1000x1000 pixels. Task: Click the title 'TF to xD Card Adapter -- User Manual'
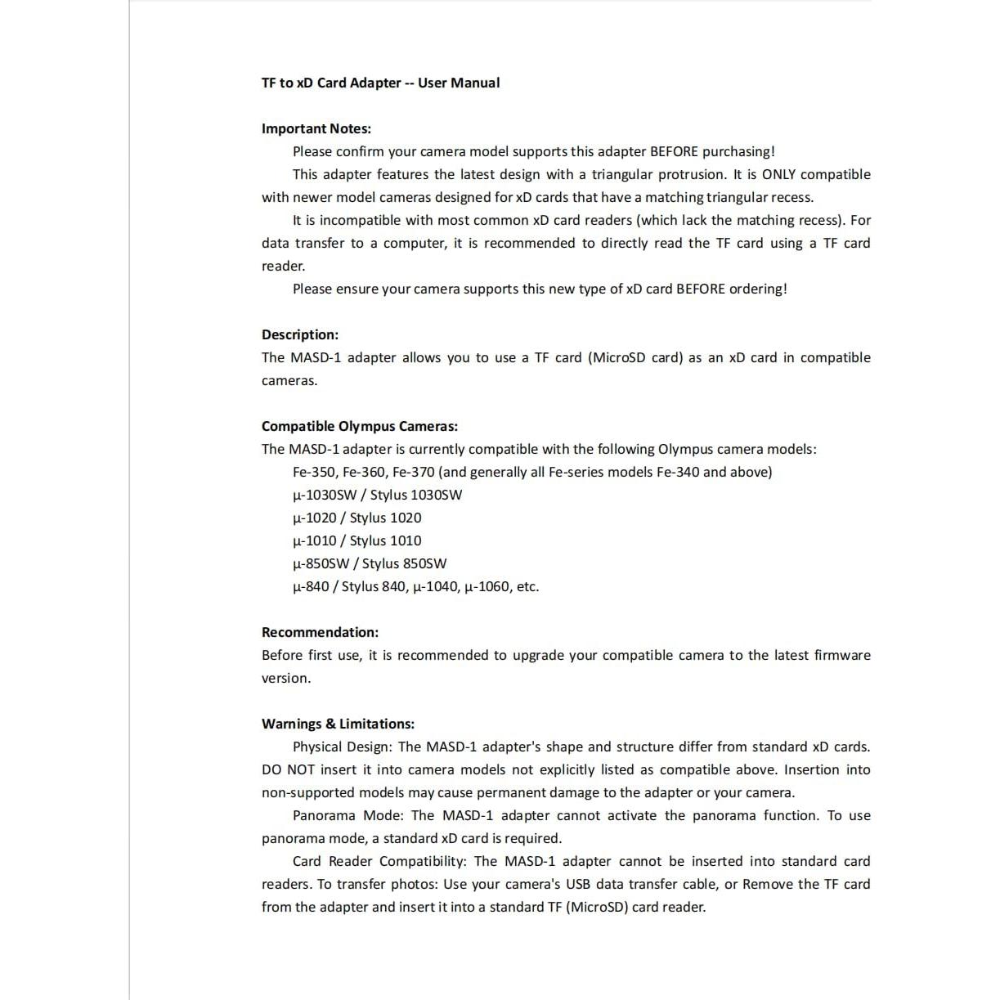click(x=380, y=83)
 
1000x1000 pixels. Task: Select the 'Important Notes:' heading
click(x=316, y=128)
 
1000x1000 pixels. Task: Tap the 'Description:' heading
click(x=300, y=334)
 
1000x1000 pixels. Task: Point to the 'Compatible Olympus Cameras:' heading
click(x=360, y=426)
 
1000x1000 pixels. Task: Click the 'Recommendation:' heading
click(x=320, y=632)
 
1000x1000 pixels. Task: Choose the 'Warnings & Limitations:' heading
click(x=338, y=724)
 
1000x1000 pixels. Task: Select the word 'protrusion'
click(x=691, y=174)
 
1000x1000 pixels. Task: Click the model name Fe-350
click(x=312, y=472)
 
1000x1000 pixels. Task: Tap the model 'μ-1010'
click(x=314, y=540)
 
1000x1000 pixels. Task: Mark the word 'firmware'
click(x=842, y=655)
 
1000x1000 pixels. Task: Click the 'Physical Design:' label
click(x=342, y=747)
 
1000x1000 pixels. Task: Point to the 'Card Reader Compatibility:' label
click(x=379, y=861)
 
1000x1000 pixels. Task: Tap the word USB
click(x=578, y=884)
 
